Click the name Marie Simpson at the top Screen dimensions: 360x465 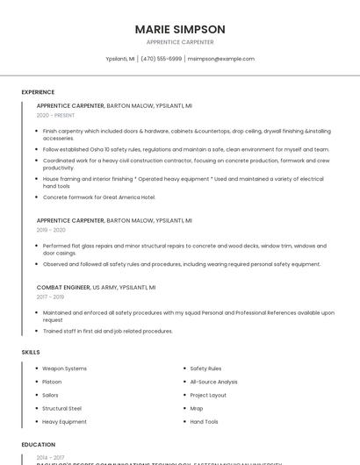180,29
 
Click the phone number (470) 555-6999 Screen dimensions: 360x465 161,59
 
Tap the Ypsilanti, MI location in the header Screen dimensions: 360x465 119,59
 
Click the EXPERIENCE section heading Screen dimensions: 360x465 38,91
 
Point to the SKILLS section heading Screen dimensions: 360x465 31,352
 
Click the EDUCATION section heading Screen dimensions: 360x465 39,445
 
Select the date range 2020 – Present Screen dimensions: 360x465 55,115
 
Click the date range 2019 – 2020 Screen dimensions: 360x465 51,230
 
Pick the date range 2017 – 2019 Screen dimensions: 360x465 51,297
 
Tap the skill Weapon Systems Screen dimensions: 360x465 64,368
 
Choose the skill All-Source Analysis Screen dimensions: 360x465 213,382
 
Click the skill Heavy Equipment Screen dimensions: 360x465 64,421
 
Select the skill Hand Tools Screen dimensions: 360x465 204,421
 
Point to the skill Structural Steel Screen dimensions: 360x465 61,408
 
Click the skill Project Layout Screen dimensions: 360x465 208,395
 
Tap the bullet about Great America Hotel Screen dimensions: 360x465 98,197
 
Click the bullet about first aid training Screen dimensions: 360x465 107,331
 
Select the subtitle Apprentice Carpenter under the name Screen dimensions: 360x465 180,42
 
